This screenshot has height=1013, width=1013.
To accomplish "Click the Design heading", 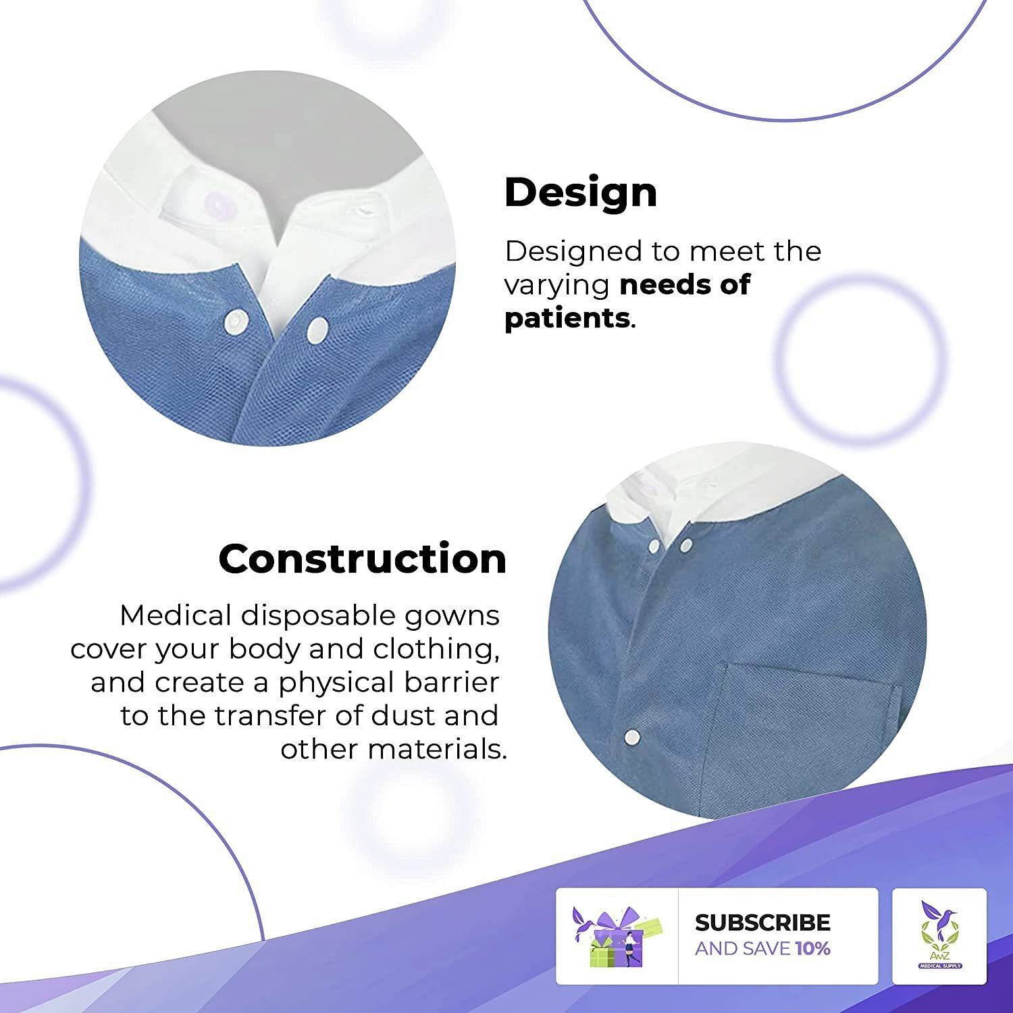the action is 581,194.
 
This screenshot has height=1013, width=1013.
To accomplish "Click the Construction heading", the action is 363,559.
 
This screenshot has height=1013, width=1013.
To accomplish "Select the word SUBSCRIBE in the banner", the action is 762,923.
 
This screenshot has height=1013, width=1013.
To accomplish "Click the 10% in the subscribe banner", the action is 813,949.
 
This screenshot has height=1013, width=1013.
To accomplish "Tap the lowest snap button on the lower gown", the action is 633,735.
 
